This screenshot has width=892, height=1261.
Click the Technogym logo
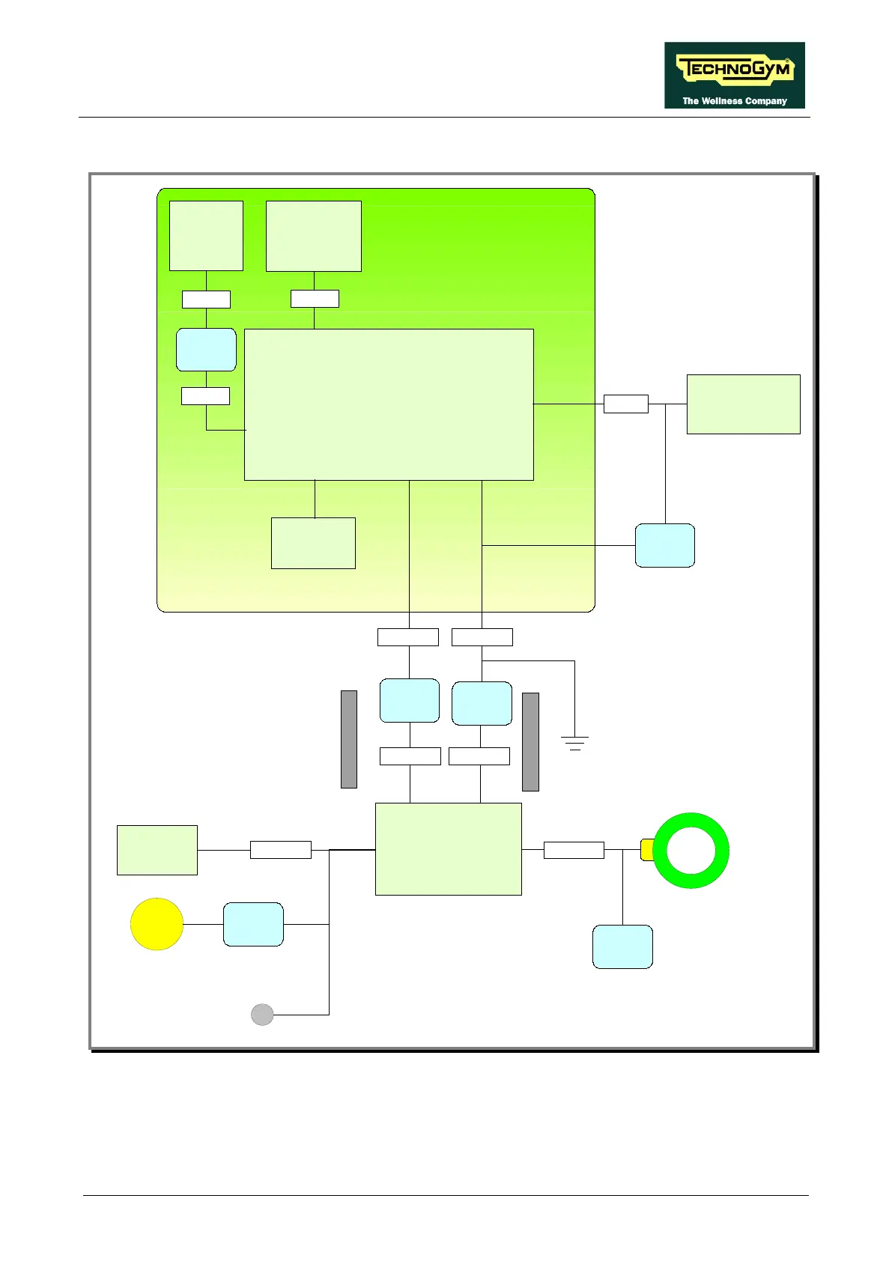pyautogui.click(x=734, y=69)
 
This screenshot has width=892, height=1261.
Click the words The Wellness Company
pyautogui.click(x=734, y=101)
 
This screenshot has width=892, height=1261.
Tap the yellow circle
pyautogui.click(x=157, y=924)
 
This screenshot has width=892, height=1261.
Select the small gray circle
pyautogui.click(x=262, y=1015)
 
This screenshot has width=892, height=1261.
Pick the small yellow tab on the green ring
pyautogui.click(x=647, y=850)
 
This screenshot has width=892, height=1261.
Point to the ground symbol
pyautogui.click(x=574, y=743)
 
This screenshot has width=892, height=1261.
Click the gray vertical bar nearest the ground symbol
pyautogui.click(x=530, y=741)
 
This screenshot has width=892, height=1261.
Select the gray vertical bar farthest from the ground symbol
pyautogui.click(x=349, y=739)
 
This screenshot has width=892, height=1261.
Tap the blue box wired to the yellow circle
pyautogui.click(x=253, y=924)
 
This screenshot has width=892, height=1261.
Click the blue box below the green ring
pyautogui.click(x=622, y=946)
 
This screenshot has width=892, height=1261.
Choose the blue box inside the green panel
pyautogui.click(x=206, y=350)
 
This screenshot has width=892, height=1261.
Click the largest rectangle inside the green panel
pyautogui.click(x=389, y=404)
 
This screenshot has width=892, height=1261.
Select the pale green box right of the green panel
pyautogui.click(x=743, y=404)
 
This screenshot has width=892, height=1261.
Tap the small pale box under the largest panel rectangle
pyautogui.click(x=313, y=543)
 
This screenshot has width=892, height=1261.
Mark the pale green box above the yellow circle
pyautogui.click(x=157, y=850)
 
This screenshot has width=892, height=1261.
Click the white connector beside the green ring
pyautogui.click(x=574, y=850)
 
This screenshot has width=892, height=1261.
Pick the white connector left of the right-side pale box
pyautogui.click(x=625, y=404)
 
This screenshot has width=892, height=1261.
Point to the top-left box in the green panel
pyautogui.click(x=206, y=235)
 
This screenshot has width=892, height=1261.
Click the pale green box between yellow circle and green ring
pyautogui.click(x=448, y=848)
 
